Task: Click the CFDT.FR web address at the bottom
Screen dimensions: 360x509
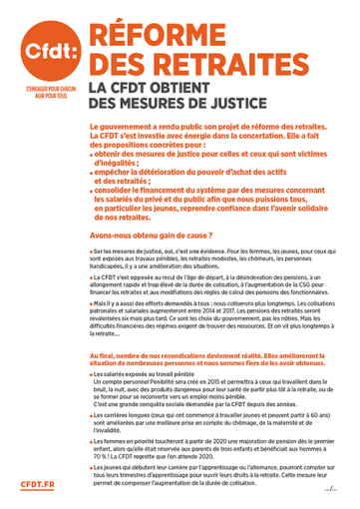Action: (37, 484)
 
